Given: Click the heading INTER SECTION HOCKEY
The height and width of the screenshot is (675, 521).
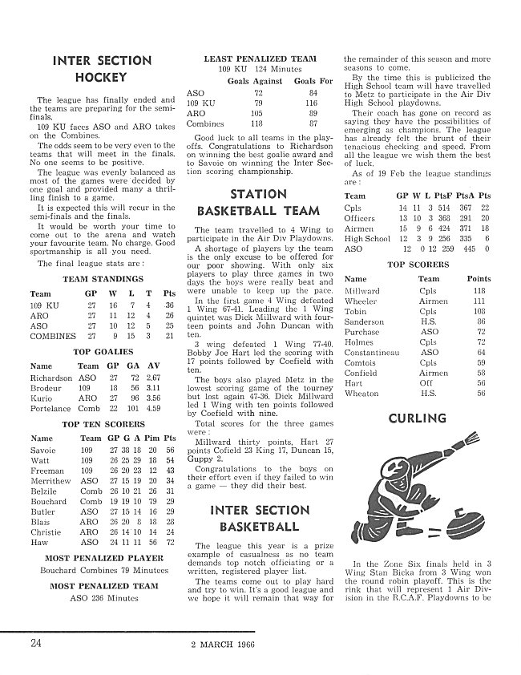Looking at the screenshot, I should coord(101,69).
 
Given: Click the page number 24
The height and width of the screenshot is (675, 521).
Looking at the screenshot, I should coord(38,642).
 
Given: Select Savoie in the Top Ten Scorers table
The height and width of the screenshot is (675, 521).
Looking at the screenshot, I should coord(42,451).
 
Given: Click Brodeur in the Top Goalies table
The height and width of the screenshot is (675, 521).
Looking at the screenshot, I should coord(46,387).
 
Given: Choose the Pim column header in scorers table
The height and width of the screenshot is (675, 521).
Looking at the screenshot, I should coord(150,439).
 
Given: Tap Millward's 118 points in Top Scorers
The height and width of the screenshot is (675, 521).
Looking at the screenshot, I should coord(479,291).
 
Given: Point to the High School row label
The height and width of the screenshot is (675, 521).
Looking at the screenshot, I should coord(367,238).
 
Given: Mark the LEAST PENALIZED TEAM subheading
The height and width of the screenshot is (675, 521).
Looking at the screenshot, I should coord(260,59).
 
